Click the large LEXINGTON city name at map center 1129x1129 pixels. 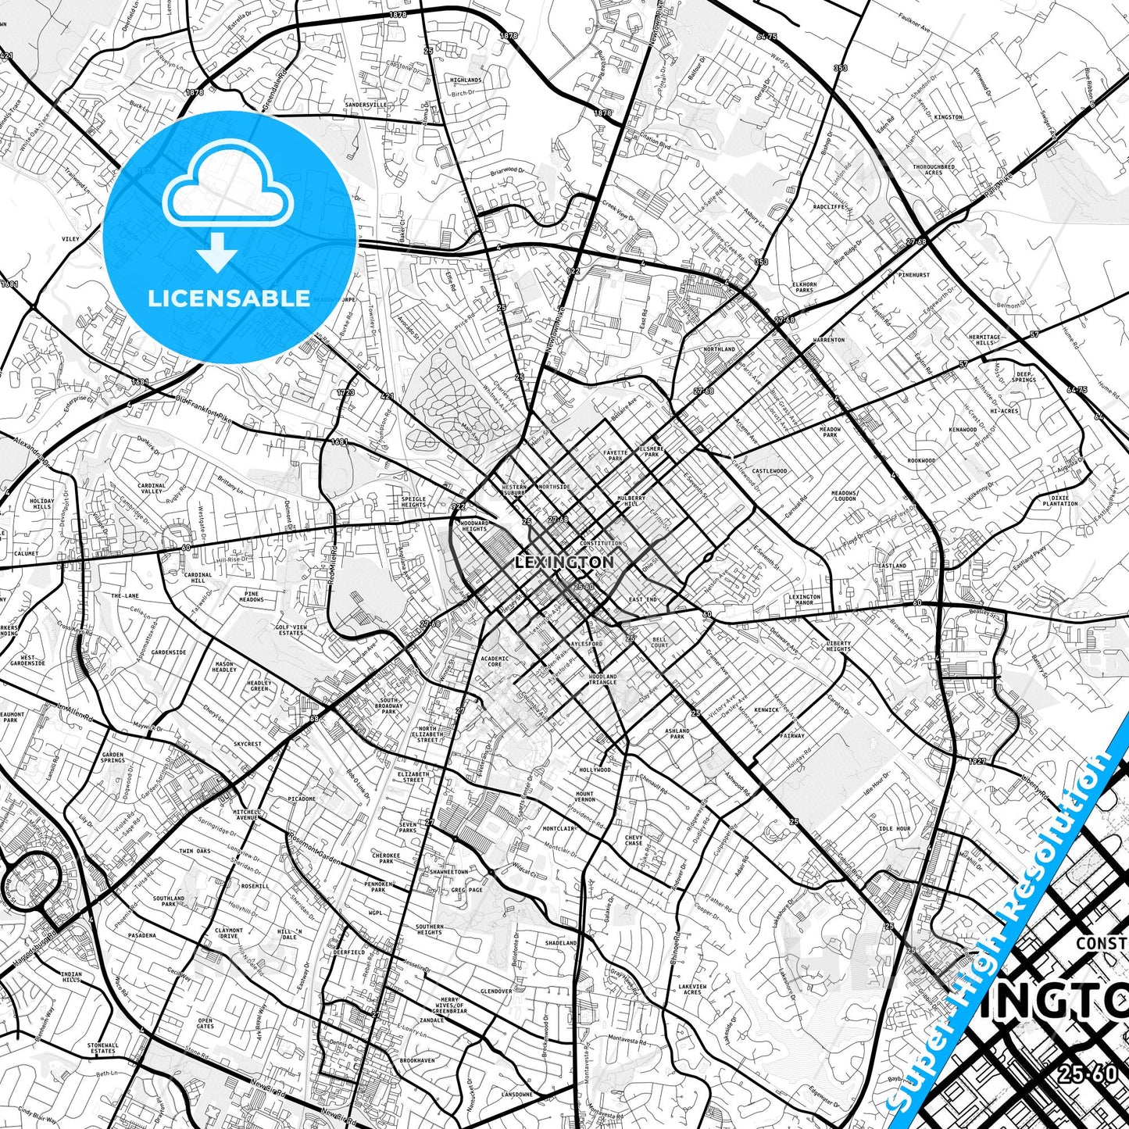[x=564, y=562]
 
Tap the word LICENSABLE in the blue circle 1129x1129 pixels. [x=229, y=298]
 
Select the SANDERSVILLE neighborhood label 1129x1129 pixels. [x=366, y=104]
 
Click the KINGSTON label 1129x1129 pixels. [x=948, y=117]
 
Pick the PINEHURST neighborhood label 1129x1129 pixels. [x=913, y=275]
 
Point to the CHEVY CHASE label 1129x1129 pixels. [x=633, y=841]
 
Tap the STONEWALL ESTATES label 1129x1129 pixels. [x=103, y=1048]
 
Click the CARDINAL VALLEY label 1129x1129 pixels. [x=152, y=488]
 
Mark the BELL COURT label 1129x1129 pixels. [x=659, y=642]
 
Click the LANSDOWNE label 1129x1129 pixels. [x=517, y=1094]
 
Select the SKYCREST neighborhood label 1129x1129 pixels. [x=248, y=744]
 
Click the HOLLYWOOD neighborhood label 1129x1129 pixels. [x=595, y=770]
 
